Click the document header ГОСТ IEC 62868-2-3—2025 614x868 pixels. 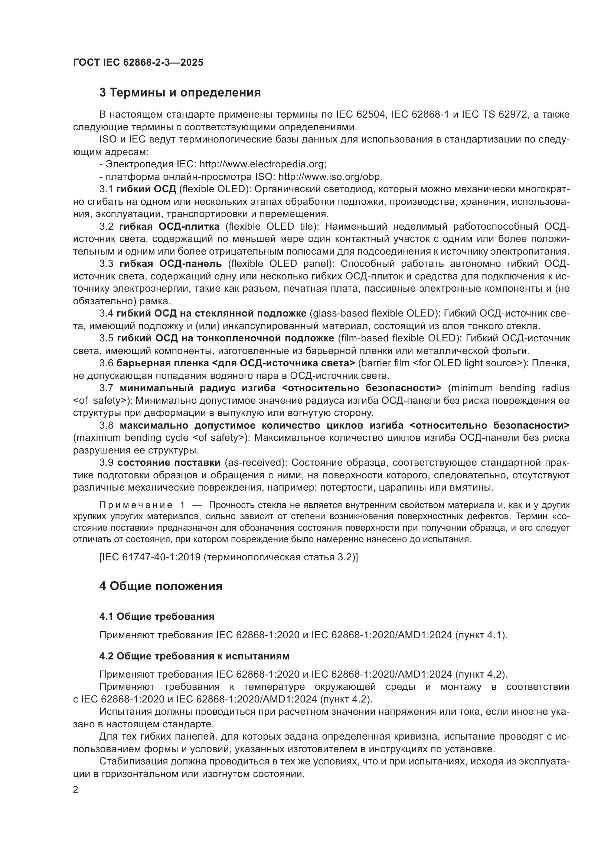[x=138, y=62]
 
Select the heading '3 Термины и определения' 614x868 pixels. [x=180, y=93]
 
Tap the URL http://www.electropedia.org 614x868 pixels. [x=262, y=164]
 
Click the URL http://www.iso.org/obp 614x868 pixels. [x=330, y=177]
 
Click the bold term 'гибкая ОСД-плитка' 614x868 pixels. [x=169, y=226]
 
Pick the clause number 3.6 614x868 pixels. [x=106, y=363]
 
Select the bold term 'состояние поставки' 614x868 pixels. [x=169, y=462]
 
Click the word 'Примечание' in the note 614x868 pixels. [x=135, y=505]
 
